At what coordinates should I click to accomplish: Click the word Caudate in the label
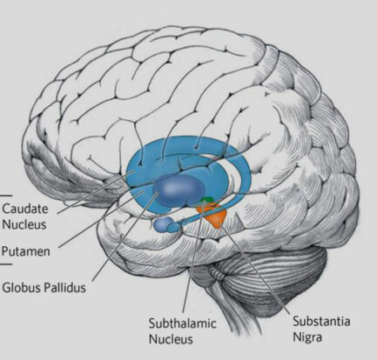click(25, 209)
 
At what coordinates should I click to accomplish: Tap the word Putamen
click(26, 251)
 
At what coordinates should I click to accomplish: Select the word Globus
click(21, 288)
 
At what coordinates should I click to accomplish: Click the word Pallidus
click(64, 288)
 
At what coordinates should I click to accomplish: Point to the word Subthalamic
click(183, 323)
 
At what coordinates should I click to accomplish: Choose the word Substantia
click(321, 321)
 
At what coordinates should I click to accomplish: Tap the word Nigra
click(307, 337)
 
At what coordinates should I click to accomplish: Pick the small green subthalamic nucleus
click(208, 200)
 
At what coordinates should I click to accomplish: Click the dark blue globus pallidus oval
click(178, 190)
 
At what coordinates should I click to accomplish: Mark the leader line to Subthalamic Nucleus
click(194, 257)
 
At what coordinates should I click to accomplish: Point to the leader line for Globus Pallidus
click(125, 236)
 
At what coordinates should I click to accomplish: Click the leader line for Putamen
click(101, 219)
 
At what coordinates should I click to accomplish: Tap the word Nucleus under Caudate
click(24, 224)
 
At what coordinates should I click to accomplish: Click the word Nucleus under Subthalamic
click(171, 339)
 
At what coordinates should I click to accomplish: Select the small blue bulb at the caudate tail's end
click(163, 224)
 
